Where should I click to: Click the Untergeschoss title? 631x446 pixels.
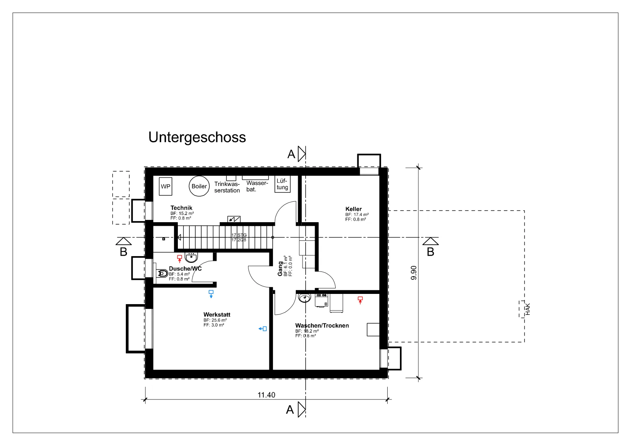coord(197,138)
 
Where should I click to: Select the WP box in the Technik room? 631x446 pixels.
coord(165,186)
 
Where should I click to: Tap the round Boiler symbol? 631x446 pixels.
coord(199,186)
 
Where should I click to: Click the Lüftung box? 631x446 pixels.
coord(282,184)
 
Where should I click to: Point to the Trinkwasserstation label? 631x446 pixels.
coord(227,187)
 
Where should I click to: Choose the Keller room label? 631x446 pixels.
coord(353,209)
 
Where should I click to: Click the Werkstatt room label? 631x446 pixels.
coord(217,314)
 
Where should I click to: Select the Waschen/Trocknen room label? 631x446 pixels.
coord(322,325)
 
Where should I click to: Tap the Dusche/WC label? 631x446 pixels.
coord(185,269)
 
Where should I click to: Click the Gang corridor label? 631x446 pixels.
coord(280,269)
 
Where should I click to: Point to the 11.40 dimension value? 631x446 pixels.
coord(266,395)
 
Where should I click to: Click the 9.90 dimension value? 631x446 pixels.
coord(414,273)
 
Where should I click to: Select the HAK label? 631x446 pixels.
coord(528,309)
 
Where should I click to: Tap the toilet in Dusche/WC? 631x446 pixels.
coord(162,273)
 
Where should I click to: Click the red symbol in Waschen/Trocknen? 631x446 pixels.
coord(360,300)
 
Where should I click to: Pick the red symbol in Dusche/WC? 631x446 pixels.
coord(179,258)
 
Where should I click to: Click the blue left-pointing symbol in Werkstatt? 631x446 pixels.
coord(263,329)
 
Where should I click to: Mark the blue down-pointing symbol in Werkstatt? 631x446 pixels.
coord(211,294)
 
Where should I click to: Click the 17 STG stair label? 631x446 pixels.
coord(239,235)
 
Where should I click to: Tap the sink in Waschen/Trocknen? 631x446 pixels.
coord(304,298)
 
